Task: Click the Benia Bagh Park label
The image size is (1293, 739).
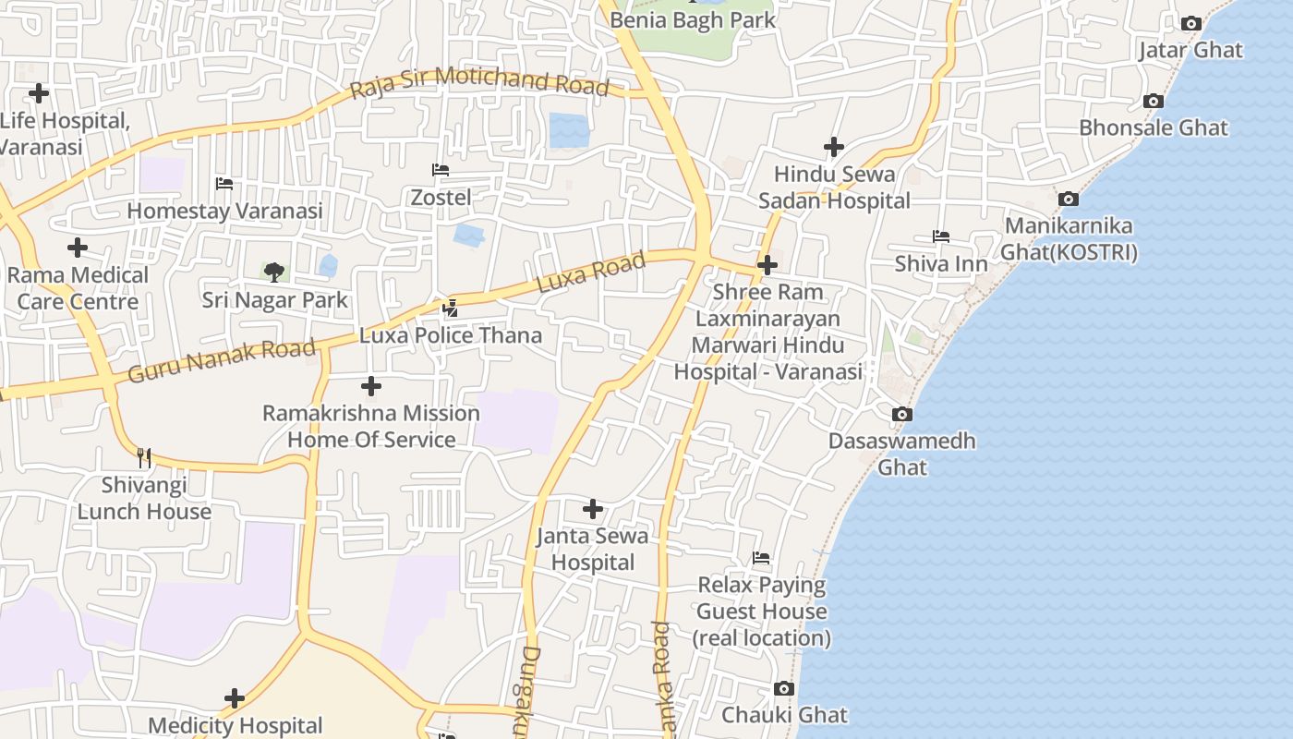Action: [x=693, y=19]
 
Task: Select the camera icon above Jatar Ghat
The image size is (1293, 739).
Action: [x=1191, y=24]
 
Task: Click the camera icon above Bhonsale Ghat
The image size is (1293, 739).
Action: [x=1153, y=102]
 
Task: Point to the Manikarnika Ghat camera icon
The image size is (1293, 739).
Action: [x=1069, y=199]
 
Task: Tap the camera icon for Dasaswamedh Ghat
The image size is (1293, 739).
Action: [x=902, y=415]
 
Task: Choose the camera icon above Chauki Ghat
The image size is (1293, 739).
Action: [x=784, y=689]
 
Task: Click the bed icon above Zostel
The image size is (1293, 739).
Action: [x=441, y=170]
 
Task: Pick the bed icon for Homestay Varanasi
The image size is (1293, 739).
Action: [x=224, y=184]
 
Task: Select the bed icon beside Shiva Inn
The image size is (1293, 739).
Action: [x=941, y=237]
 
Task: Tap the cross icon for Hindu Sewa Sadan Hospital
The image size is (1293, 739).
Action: [x=834, y=147]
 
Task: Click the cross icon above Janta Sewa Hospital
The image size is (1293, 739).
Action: [x=593, y=509]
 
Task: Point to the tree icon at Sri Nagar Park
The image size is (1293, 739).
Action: [x=273, y=272]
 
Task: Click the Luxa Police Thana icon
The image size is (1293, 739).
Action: [x=451, y=309]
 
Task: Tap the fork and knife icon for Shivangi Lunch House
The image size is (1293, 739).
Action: [x=143, y=457]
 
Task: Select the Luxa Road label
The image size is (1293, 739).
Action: [x=591, y=273]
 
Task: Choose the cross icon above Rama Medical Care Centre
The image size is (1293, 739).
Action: [x=78, y=248]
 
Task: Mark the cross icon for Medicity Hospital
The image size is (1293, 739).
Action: [x=235, y=698]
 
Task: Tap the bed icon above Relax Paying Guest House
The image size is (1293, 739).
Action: [x=761, y=558]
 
